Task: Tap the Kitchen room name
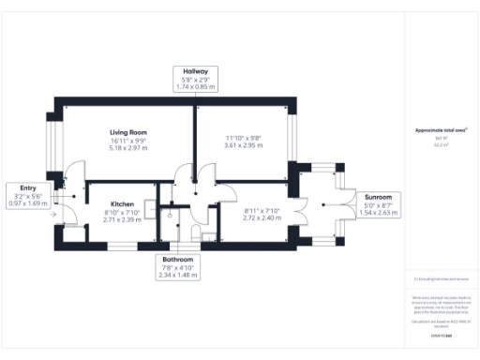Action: pyautogui.click(x=123, y=203)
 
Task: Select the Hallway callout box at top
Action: pyautogui.click(x=195, y=78)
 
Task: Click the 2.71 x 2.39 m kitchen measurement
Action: pyautogui.click(x=123, y=219)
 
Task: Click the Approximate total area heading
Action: pyautogui.click(x=441, y=129)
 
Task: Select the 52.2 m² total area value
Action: pyautogui.click(x=441, y=145)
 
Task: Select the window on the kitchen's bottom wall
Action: pyautogui.click(x=122, y=247)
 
